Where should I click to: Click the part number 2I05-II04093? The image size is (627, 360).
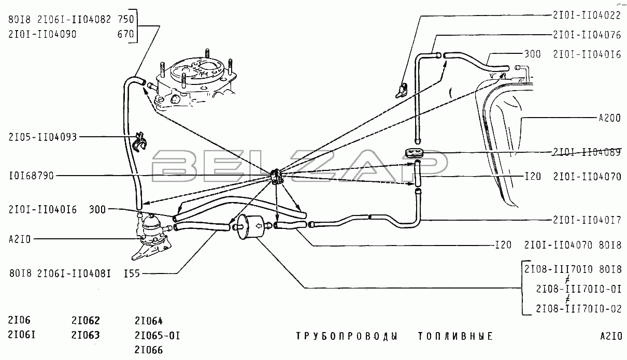pyautogui.click(x=42, y=137)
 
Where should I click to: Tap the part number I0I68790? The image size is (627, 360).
pyautogui.click(x=31, y=176)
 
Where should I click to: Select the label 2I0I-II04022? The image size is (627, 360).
pyautogui.click(x=587, y=15)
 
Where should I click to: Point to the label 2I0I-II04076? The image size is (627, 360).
pyautogui.click(x=587, y=35)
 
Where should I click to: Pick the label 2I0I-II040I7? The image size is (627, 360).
pyautogui.click(x=587, y=220)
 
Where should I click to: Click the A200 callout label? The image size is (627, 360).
pyautogui.click(x=610, y=118)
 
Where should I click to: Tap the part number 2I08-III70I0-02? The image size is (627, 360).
pyautogui.click(x=579, y=309)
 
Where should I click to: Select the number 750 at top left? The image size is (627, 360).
pyautogui.click(x=126, y=19)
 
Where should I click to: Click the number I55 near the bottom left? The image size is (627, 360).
pyautogui.click(x=132, y=273)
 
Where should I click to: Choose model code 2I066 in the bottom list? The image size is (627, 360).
pyautogui.click(x=149, y=350)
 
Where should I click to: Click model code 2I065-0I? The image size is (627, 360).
pyautogui.click(x=158, y=335)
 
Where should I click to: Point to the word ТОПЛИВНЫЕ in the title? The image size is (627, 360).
pyautogui.click(x=455, y=336)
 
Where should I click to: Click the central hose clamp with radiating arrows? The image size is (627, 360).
pyautogui.click(x=277, y=177)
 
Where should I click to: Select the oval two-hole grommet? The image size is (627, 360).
pyautogui.click(x=414, y=153)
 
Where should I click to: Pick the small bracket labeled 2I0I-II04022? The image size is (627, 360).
pyautogui.click(x=401, y=91)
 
